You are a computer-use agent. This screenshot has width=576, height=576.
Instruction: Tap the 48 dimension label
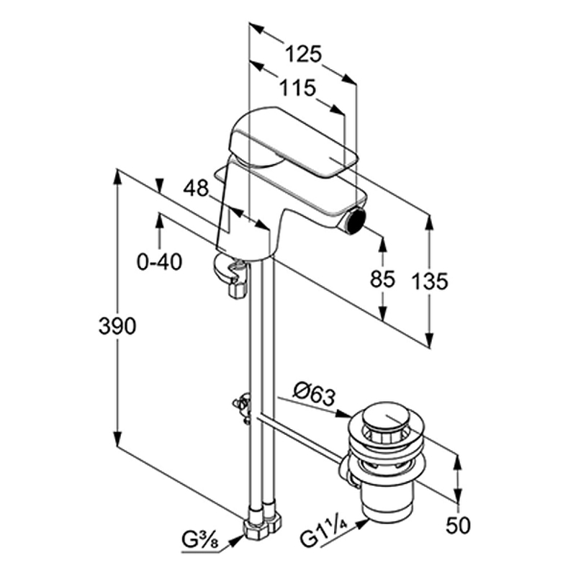tap(195, 189)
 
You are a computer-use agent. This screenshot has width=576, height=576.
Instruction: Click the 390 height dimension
tap(116, 326)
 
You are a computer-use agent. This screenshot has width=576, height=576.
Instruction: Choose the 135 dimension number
tap(431, 281)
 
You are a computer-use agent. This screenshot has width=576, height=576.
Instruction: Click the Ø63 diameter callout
tap(315, 394)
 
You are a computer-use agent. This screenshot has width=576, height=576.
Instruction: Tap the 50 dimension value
tap(455, 526)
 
